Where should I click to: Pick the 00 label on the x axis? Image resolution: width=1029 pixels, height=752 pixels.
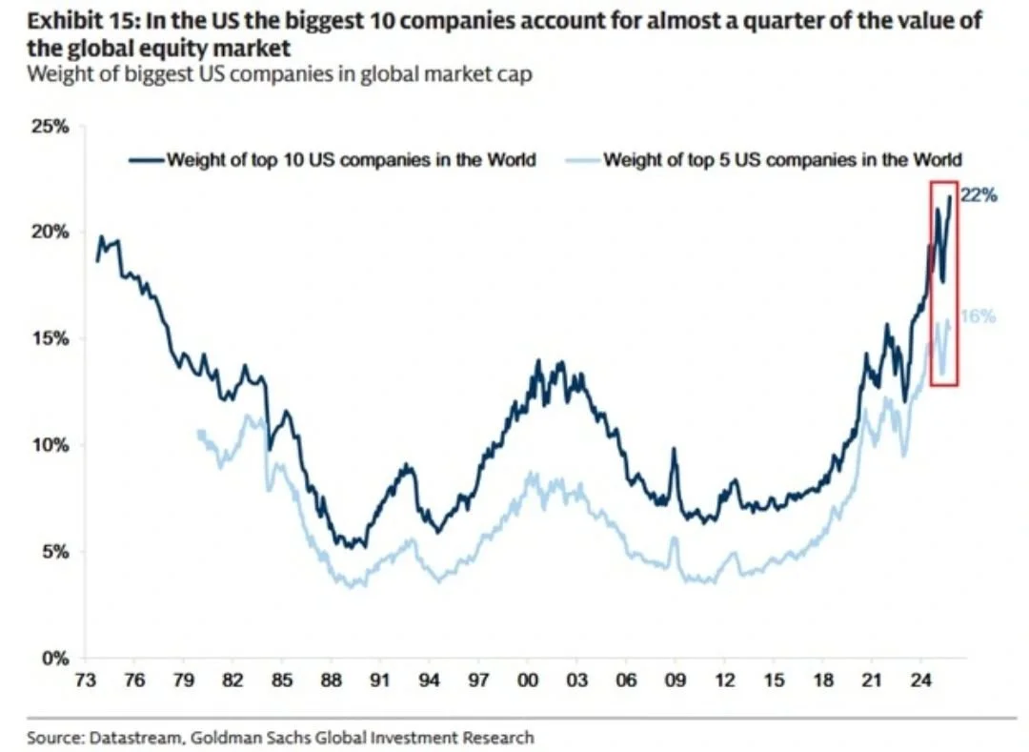pyautogui.click(x=528, y=681)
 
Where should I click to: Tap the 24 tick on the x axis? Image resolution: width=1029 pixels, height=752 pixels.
pyautogui.click(x=921, y=681)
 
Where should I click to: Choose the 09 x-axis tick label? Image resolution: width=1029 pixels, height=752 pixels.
pyautogui.click(x=676, y=681)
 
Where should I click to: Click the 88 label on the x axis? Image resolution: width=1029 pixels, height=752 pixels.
pyautogui.click(x=331, y=681)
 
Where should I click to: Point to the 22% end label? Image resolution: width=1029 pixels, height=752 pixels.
pyautogui.click(x=979, y=196)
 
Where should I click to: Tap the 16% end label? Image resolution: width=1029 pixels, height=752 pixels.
pyautogui.click(x=978, y=316)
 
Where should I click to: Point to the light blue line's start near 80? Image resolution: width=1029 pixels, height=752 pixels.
pyautogui.click(x=199, y=432)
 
